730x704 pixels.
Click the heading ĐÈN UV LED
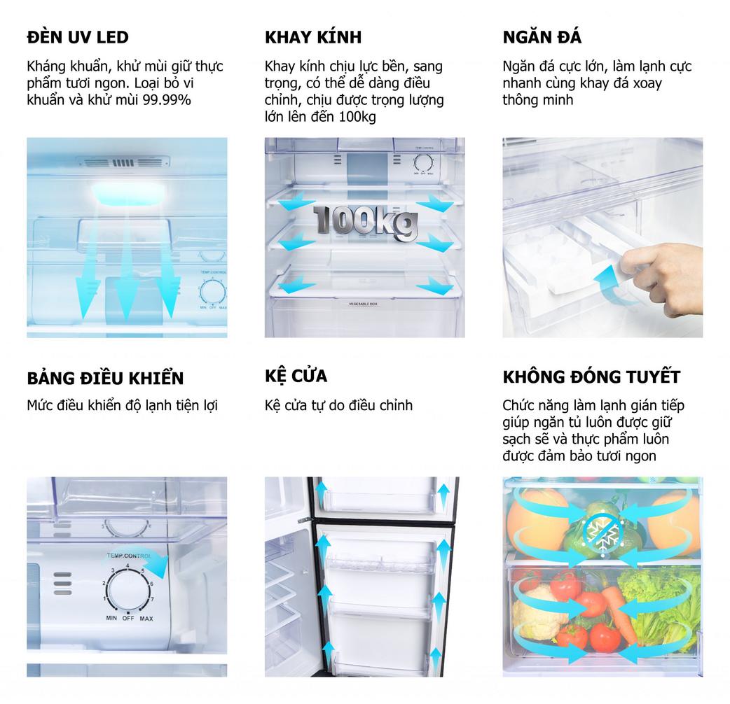(x=78, y=37)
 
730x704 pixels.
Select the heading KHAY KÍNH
(x=313, y=36)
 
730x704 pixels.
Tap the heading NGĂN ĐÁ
(x=542, y=36)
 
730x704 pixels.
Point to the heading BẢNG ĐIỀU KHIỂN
(x=105, y=377)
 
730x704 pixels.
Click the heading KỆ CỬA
(x=296, y=376)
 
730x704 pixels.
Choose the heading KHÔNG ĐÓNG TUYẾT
(x=591, y=376)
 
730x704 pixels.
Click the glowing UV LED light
(x=128, y=193)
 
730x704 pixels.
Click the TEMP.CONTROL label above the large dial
(x=129, y=556)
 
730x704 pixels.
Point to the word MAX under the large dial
(x=146, y=619)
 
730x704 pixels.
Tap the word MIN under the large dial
(x=111, y=618)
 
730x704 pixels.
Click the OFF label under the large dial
(x=128, y=619)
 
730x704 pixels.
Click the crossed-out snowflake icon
(x=602, y=535)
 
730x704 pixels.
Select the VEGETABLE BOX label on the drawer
(x=363, y=304)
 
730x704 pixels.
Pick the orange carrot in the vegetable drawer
(x=619, y=614)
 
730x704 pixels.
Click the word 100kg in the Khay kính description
(x=357, y=117)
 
